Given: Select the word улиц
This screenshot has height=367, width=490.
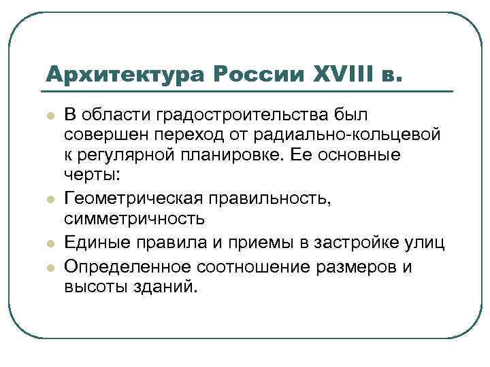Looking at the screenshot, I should [426, 242].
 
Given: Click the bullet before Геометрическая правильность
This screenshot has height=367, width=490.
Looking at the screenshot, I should [50, 199].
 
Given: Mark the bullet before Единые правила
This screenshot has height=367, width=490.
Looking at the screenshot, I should [50, 243].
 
